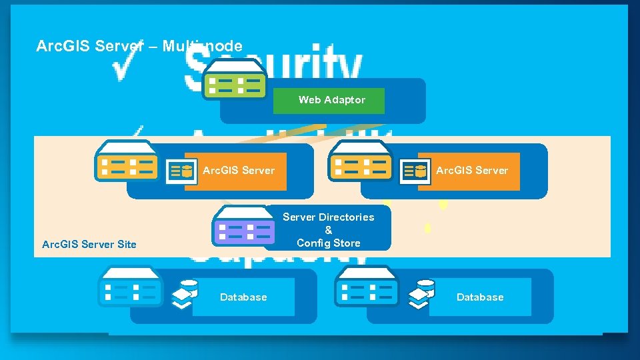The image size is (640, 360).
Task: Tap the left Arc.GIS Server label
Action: tap(239, 171)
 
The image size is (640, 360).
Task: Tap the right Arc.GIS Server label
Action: tap(472, 171)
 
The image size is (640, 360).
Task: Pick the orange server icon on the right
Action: tap(361, 163)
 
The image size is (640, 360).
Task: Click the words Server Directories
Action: tap(328, 217)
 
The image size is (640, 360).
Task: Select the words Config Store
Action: tap(328, 243)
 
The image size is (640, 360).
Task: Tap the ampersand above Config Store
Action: tap(328, 230)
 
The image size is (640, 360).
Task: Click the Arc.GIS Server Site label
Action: tap(89, 245)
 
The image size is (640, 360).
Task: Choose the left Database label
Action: tap(243, 297)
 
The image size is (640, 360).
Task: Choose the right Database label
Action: tap(480, 297)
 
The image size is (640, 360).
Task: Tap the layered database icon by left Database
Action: tap(185, 294)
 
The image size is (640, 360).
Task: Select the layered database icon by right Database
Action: tap(421, 294)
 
